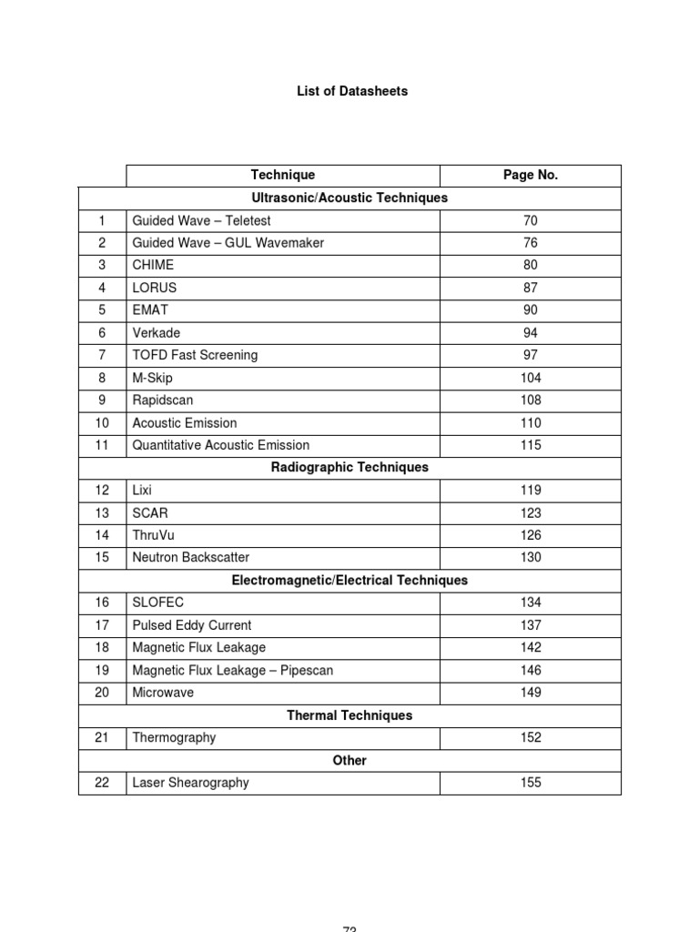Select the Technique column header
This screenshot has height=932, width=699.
click(x=283, y=176)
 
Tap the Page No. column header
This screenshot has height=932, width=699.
click(x=530, y=176)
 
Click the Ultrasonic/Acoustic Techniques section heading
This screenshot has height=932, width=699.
click(x=349, y=198)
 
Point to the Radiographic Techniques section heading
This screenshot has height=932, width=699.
click(x=349, y=468)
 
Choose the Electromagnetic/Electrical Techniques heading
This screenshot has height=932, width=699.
click(x=349, y=581)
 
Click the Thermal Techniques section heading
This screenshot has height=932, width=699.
click(x=349, y=715)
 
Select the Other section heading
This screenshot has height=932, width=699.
click(x=349, y=761)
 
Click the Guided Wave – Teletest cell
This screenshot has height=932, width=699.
click(x=201, y=220)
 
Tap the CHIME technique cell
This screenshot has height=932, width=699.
click(x=153, y=265)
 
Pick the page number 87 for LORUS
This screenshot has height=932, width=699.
click(x=530, y=288)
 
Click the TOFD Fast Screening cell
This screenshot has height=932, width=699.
click(x=195, y=355)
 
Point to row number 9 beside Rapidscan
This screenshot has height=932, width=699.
click(x=102, y=400)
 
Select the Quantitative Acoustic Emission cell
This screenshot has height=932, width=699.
click(x=220, y=445)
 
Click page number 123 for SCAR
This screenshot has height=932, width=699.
click(x=530, y=513)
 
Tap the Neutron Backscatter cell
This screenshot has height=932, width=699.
click(x=190, y=558)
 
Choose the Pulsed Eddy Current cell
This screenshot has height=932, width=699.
click(x=191, y=625)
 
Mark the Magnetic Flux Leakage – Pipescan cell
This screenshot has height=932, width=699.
click(x=232, y=671)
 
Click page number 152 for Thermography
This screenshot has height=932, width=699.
click(x=530, y=738)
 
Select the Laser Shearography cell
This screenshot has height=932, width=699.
click(x=190, y=783)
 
